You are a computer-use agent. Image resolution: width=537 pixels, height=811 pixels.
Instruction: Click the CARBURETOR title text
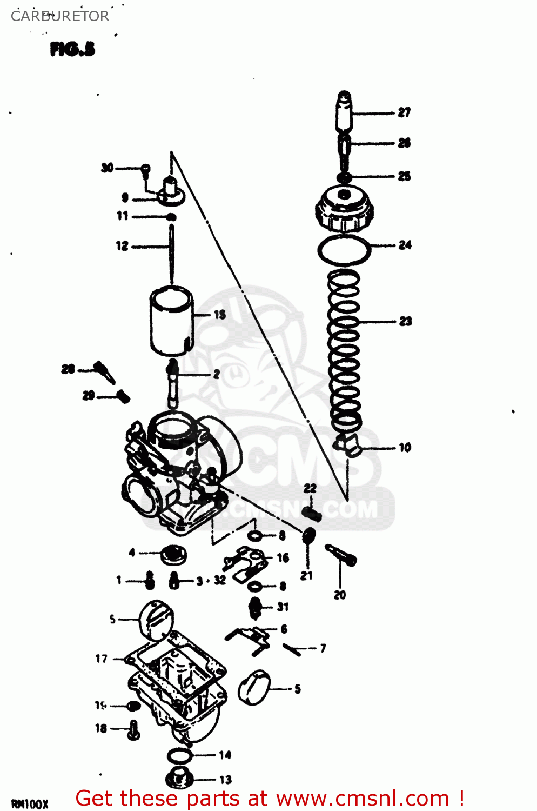tap(60, 16)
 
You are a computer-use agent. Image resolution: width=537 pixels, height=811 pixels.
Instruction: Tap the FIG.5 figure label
tap(72, 49)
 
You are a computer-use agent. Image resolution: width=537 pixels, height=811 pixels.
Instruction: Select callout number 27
tap(404, 112)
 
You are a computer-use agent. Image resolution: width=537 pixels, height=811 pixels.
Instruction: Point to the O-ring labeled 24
tap(344, 250)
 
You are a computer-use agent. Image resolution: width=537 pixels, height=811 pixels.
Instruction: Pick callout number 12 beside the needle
tap(123, 246)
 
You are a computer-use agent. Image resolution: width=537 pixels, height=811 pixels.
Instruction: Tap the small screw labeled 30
tap(145, 170)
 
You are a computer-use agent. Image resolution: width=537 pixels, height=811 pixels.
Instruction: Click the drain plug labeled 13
tap(179, 777)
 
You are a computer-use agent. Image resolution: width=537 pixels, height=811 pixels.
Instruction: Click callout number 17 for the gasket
tap(102, 659)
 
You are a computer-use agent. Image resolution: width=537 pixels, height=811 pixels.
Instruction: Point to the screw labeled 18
tap(133, 729)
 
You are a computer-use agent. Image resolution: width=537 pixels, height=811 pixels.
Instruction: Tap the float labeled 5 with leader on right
tap(254, 688)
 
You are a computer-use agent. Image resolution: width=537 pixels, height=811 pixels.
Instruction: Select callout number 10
tap(405, 448)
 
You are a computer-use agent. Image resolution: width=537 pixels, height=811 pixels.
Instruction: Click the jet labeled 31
tap(255, 607)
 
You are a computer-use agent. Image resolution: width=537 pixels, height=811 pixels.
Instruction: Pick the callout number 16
tap(283, 558)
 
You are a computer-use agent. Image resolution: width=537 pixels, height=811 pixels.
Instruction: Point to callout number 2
tap(217, 374)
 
